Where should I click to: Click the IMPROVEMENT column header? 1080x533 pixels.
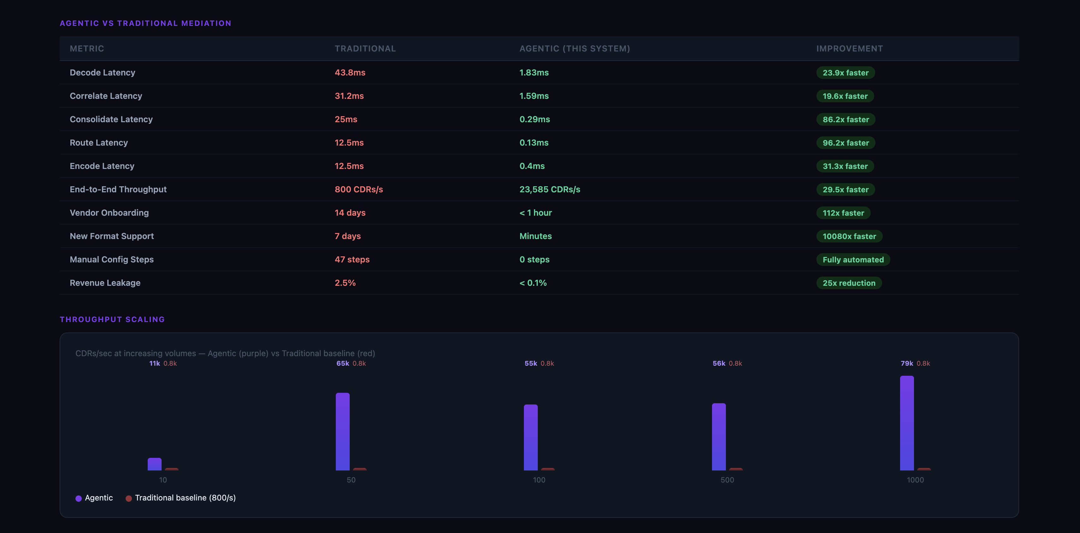click(849, 49)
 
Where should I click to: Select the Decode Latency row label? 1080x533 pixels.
click(102, 73)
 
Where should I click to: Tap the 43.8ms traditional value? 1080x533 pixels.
click(350, 73)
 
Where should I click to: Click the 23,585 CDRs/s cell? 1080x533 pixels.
click(550, 189)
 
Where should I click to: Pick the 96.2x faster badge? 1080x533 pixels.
click(846, 143)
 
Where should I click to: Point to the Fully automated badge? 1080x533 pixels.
click(853, 260)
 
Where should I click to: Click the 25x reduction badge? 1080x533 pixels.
click(849, 283)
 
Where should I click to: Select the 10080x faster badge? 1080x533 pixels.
click(849, 237)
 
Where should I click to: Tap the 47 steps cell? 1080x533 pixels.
click(352, 260)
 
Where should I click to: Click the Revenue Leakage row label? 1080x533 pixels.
click(105, 283)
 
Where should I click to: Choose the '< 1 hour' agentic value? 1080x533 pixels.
click(535, 213)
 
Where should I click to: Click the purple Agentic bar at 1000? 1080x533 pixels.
click(907, 423)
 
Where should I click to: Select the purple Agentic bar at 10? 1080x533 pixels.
click(154, 464)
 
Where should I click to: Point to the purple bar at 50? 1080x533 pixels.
click(342, 432)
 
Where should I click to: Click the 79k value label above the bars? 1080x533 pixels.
click(907, 363)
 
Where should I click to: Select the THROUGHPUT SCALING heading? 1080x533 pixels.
click(112, 320)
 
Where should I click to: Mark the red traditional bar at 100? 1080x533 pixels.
click(548, 469)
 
